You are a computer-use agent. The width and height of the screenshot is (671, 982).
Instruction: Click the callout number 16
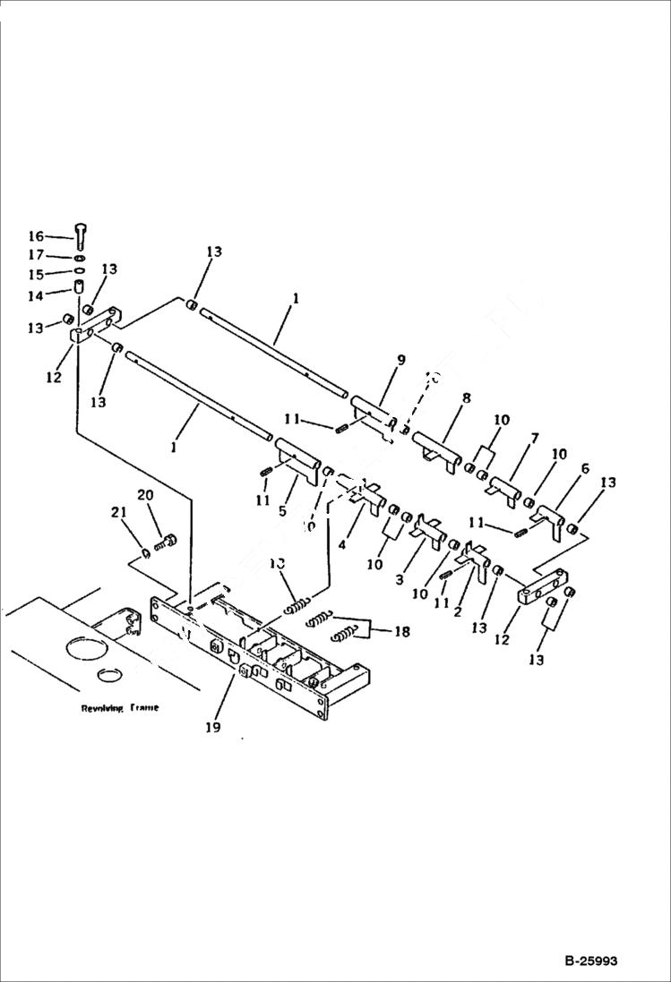coord(35,236)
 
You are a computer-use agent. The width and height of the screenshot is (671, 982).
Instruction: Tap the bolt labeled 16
coord(80,235)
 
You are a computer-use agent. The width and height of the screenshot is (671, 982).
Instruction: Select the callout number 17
coord(35,255)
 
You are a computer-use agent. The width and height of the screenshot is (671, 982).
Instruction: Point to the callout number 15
coord(35,273)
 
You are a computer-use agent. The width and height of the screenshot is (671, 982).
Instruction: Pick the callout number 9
coord(400,360)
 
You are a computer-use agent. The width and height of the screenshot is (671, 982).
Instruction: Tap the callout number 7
coord(534,438)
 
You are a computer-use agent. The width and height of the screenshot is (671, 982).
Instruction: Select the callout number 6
coord(585,468)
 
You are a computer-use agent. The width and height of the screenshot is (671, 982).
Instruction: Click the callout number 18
coord(401,632)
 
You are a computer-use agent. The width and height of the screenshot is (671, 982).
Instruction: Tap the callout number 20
coord(145,495)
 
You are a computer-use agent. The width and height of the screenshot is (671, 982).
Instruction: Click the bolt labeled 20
coord(168,542)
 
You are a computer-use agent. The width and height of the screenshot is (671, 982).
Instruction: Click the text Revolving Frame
coord(119,707)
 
